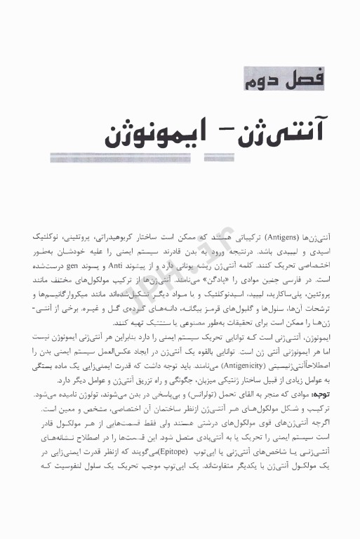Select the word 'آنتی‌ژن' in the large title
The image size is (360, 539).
(x=281, y=131)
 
